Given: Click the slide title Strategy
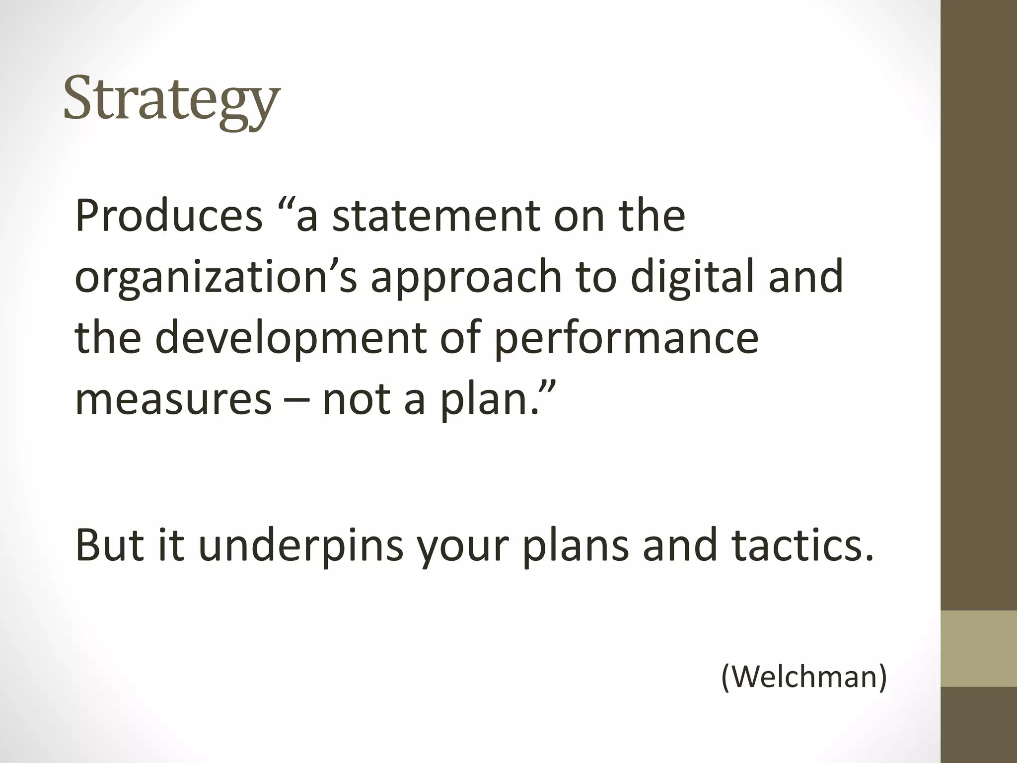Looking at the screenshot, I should pyautogui.click(x=171, y=99).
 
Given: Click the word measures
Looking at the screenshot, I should pyautogui.click(x=173, y=399).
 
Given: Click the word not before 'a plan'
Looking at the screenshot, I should pyautogui.click(x=357, y=399).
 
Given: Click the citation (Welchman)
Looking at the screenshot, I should pyautogui.click(x=803, y=676).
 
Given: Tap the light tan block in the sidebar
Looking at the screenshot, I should pyautogui.click(x=979, y=648).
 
